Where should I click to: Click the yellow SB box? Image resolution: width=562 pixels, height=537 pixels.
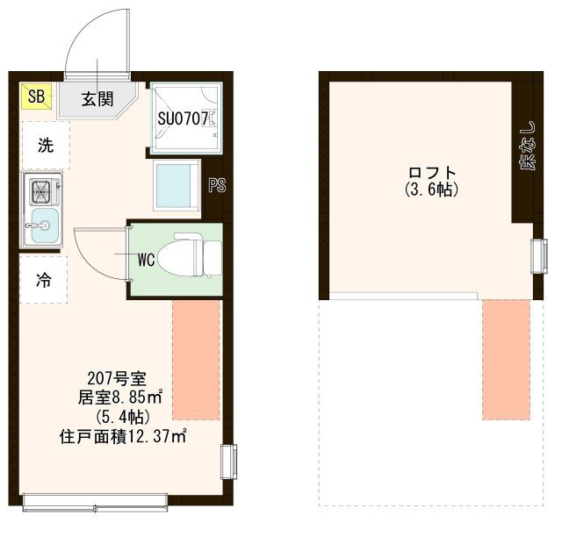click(x=36, y=97)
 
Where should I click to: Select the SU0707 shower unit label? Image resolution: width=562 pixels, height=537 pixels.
click(x=183, y=119)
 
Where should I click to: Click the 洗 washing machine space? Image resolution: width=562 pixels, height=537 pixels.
click(x=46, y=145)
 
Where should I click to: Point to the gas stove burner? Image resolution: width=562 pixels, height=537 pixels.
click(x=42, y=192)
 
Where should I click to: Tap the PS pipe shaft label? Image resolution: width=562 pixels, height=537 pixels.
click(x=217, y=185)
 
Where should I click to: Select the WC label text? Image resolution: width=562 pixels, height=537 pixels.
click(x=147, y=260)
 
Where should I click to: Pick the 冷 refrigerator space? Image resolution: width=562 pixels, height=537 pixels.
click(x=43, y=280)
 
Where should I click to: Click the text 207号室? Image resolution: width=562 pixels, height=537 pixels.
click(x=117, y=378)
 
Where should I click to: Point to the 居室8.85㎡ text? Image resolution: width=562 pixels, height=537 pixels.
click(x=121, y=397)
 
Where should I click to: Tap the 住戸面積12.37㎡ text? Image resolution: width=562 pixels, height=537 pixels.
click(x=123, y=437)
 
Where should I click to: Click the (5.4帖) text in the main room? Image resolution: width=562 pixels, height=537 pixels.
click(x=122, y=417)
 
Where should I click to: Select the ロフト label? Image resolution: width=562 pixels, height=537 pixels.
click(x=432, y=173)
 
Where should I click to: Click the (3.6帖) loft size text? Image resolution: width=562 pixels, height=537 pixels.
click(x=432, y=190)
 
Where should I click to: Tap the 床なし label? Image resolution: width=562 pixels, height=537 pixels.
click(x=527, y=146)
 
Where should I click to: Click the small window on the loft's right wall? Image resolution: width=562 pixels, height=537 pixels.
click(x=539, y=256)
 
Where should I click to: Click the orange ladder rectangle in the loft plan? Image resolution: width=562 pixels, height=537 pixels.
click(x=506, y=360)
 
